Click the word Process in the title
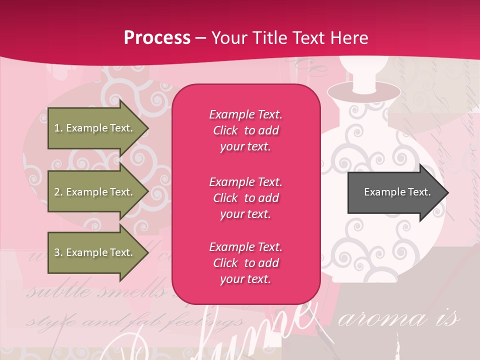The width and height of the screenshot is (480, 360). pyautogui.click(x=157, y=38)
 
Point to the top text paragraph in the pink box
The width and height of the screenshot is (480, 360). pyautogui.click(x=245, y=130)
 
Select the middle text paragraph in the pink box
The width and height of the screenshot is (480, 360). pyautogui.click(x=245, y=198)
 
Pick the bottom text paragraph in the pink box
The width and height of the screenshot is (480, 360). pyautogui.click(x=245, y=263)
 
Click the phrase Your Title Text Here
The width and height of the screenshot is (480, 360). pyautogui.click(x=290, y=38)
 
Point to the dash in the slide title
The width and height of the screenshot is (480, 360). pyautogui.click(x=200, y=38)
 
